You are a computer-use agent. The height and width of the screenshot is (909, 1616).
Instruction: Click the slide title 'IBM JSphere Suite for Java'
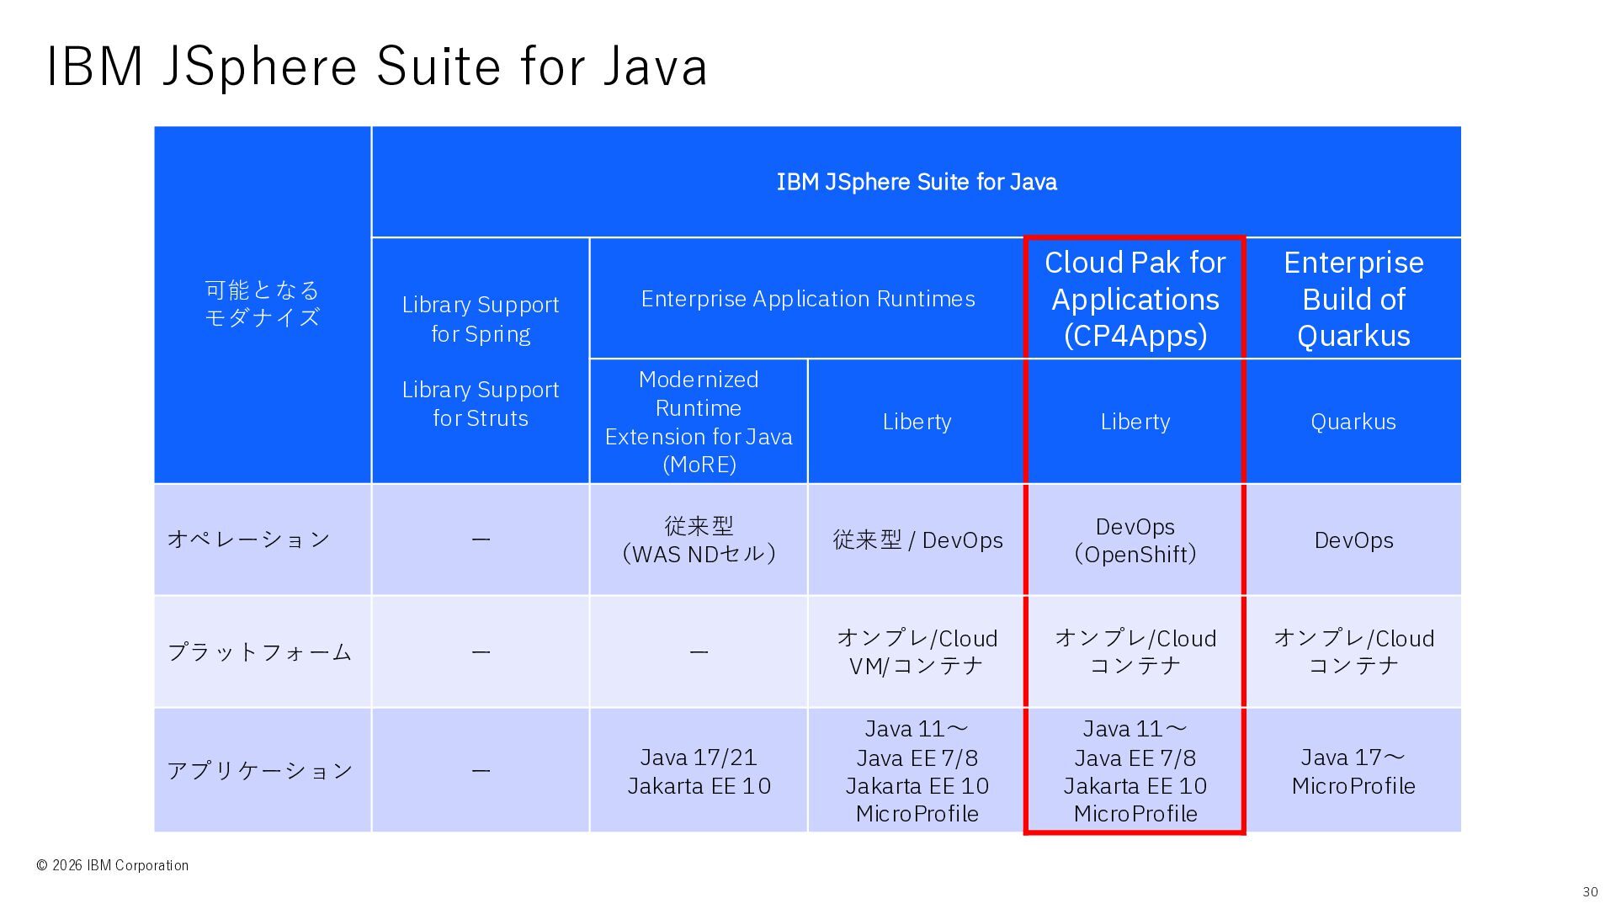point(376,66)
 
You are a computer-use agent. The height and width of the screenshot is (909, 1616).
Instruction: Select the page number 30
point(1590,892)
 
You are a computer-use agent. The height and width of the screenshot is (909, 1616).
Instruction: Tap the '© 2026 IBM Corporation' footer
point(112,865)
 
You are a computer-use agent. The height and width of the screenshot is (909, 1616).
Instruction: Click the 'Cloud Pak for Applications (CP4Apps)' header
point(1135,299)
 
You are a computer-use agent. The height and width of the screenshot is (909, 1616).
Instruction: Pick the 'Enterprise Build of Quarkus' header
point(1353,299)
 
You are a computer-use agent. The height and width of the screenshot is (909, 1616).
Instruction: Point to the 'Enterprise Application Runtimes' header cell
point(808,299)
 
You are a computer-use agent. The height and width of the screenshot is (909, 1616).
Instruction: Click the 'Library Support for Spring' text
point(481,319)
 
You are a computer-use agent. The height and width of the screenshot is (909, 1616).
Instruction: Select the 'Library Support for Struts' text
point(481,404)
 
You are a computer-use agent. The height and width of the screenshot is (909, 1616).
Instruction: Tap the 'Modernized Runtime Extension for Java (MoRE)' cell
point(699,422)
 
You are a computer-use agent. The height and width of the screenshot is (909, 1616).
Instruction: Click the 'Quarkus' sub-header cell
point(1353,422)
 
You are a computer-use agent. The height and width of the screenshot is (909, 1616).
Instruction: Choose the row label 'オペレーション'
point(248,540)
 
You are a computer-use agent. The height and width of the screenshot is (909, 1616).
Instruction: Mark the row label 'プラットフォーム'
point(259,652)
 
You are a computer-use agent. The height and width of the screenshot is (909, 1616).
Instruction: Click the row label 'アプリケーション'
point(259,771)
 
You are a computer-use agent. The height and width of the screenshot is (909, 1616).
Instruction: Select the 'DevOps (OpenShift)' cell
point(1135,540)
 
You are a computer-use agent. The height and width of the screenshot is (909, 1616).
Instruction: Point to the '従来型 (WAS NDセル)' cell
point(699,540)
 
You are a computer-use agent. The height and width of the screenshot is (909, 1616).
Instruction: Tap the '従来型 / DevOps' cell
point(917,540)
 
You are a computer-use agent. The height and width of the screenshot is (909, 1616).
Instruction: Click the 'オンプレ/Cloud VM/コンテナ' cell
point(917,652)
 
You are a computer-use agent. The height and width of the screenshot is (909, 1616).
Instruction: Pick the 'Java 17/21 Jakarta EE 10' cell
point(699,771)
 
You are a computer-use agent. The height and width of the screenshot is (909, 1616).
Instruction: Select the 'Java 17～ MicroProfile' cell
point(1353,771)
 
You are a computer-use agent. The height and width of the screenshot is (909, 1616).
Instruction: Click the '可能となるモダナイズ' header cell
point(263,304)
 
